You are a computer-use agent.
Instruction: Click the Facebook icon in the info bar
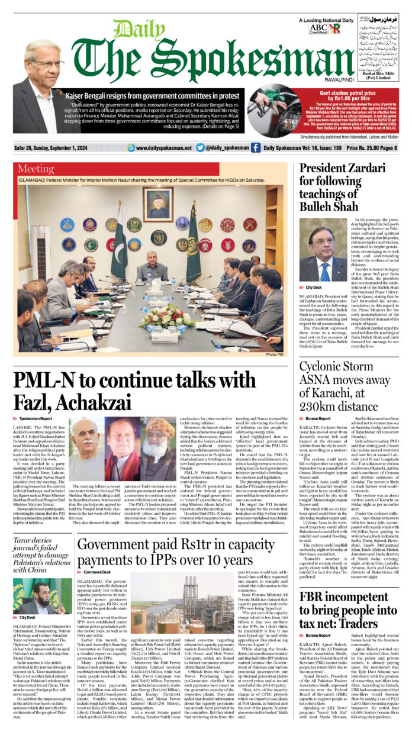tap(255, 147)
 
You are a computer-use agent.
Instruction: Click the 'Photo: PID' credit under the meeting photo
tap(275, 354)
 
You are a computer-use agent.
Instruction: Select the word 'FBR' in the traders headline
tap(314, 596)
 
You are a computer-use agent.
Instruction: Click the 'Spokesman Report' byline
tap(35, 418)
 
